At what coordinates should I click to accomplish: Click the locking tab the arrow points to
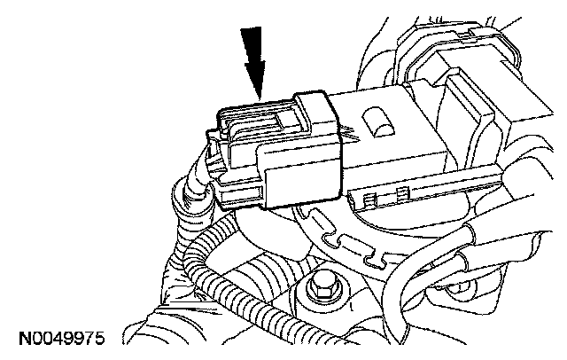coord(259,116)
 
